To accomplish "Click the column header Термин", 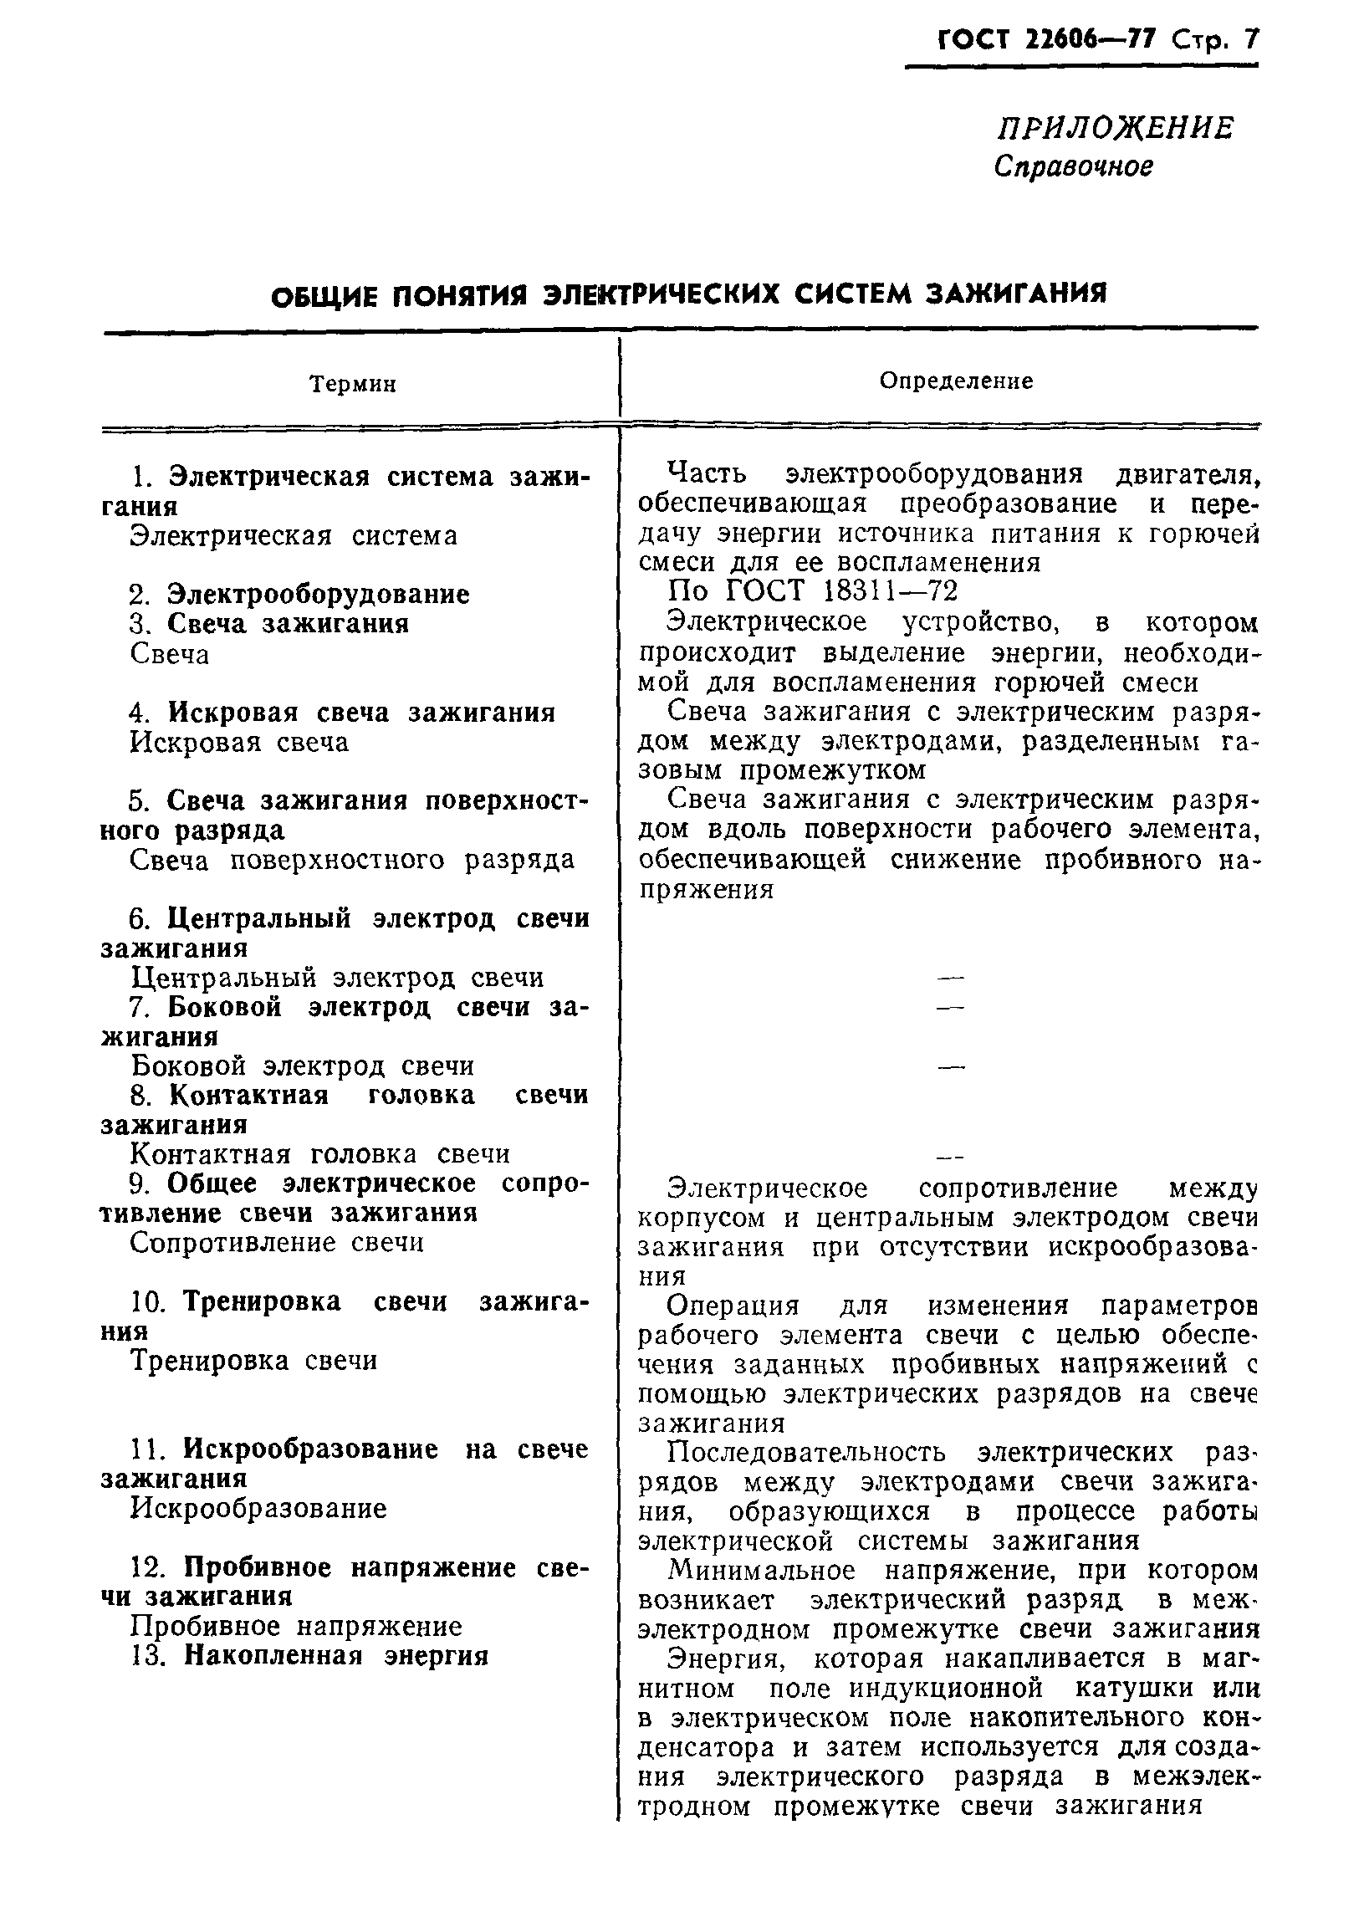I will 352,385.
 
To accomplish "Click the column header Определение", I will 956,381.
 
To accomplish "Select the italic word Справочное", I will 1073,167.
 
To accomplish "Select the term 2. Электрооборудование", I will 299,595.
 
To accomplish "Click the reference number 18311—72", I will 892,591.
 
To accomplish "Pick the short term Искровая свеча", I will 239,743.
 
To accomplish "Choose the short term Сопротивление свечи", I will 277,1242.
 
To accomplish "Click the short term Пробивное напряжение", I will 296,1626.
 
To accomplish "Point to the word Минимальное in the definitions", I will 761,1570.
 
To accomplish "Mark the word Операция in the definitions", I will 733,1306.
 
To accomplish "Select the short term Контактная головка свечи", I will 320,1154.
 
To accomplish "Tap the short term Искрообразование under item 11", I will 258,1509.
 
